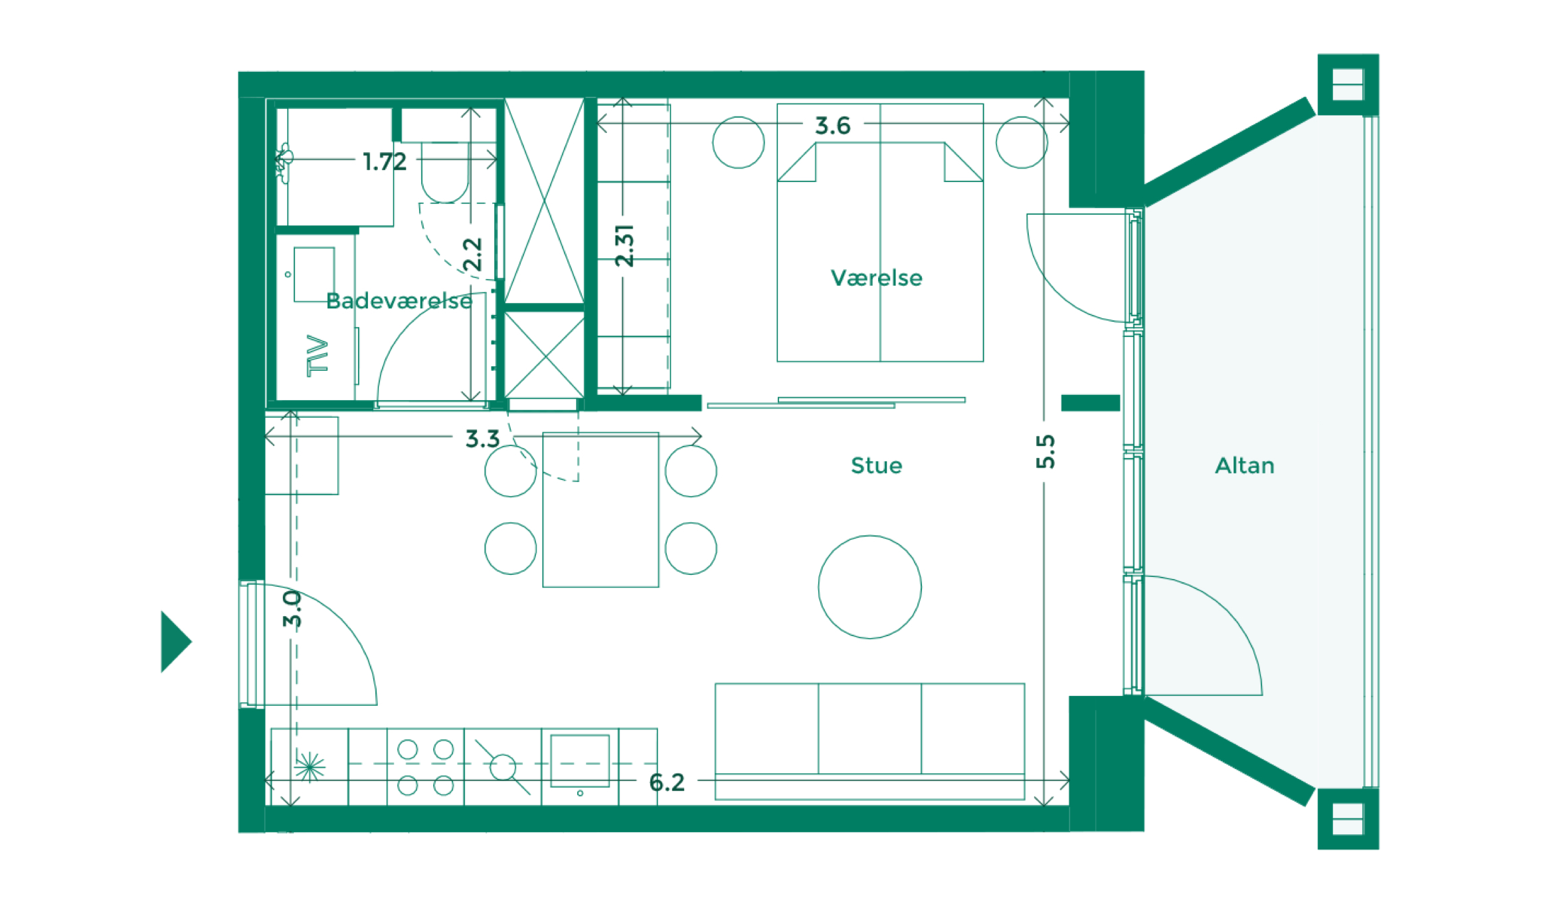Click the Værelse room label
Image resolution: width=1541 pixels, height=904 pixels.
tap(876, 278)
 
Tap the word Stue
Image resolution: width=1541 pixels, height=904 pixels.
tap(876, 465)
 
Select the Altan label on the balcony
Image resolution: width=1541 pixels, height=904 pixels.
tap(1244, 465)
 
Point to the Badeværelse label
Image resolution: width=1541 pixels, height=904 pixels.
tap(399, 301)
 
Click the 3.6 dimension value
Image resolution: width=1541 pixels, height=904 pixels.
tap(832, 125)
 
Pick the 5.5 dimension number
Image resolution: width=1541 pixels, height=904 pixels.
tap(1045, 451)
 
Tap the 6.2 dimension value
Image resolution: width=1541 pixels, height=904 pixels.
tap(666, 782)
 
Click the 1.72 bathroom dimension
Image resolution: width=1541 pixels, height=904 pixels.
tap(384, 162)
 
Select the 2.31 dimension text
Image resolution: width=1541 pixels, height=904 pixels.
tap(624, 245)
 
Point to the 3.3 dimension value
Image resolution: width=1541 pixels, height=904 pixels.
tap(482, 439)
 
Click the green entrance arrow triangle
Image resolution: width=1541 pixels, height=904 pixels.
tap(174, 641)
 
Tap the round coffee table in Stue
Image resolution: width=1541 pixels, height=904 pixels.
tap(869, 587)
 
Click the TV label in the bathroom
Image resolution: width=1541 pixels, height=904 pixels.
tap(317, 356)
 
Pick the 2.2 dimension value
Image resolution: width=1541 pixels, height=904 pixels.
tap(472, 254)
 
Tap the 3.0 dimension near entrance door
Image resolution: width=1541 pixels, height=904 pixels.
tap(292, 609)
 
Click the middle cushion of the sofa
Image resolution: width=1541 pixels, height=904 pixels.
tap(869, 729)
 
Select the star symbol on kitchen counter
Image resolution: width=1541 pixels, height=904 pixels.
tap(310, 767)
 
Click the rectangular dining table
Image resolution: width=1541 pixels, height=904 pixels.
tap(600, 510)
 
